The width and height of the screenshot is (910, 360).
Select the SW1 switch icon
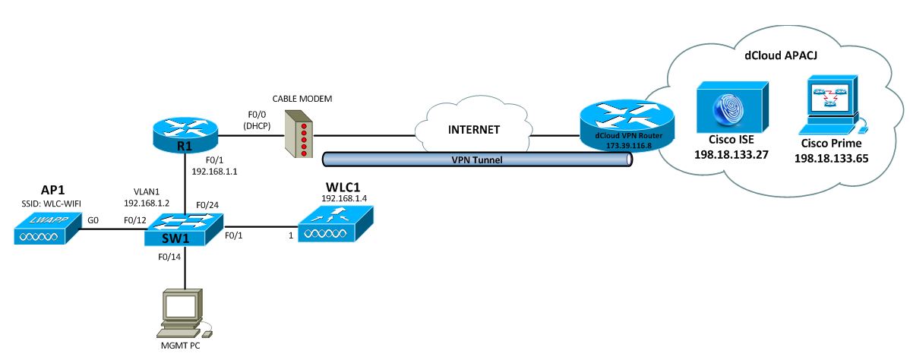click(184, 228)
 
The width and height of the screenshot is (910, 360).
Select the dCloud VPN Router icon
click(625, 122)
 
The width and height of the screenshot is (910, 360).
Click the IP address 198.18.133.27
click(728, 155)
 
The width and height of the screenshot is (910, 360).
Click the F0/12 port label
click(135, 220)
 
